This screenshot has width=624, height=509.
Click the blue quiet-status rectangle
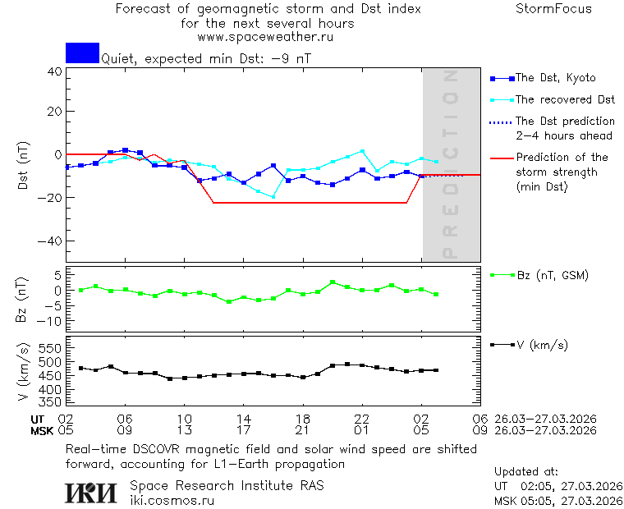82,53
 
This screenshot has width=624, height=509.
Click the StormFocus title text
553,9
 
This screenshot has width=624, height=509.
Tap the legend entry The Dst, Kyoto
555,78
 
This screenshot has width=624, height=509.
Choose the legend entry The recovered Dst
565,99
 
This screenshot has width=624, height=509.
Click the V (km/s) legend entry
541,345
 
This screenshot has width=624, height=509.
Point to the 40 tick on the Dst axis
54,71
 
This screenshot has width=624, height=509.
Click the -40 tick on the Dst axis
51,241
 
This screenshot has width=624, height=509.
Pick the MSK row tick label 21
303,430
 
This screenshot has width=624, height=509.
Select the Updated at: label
526,472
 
